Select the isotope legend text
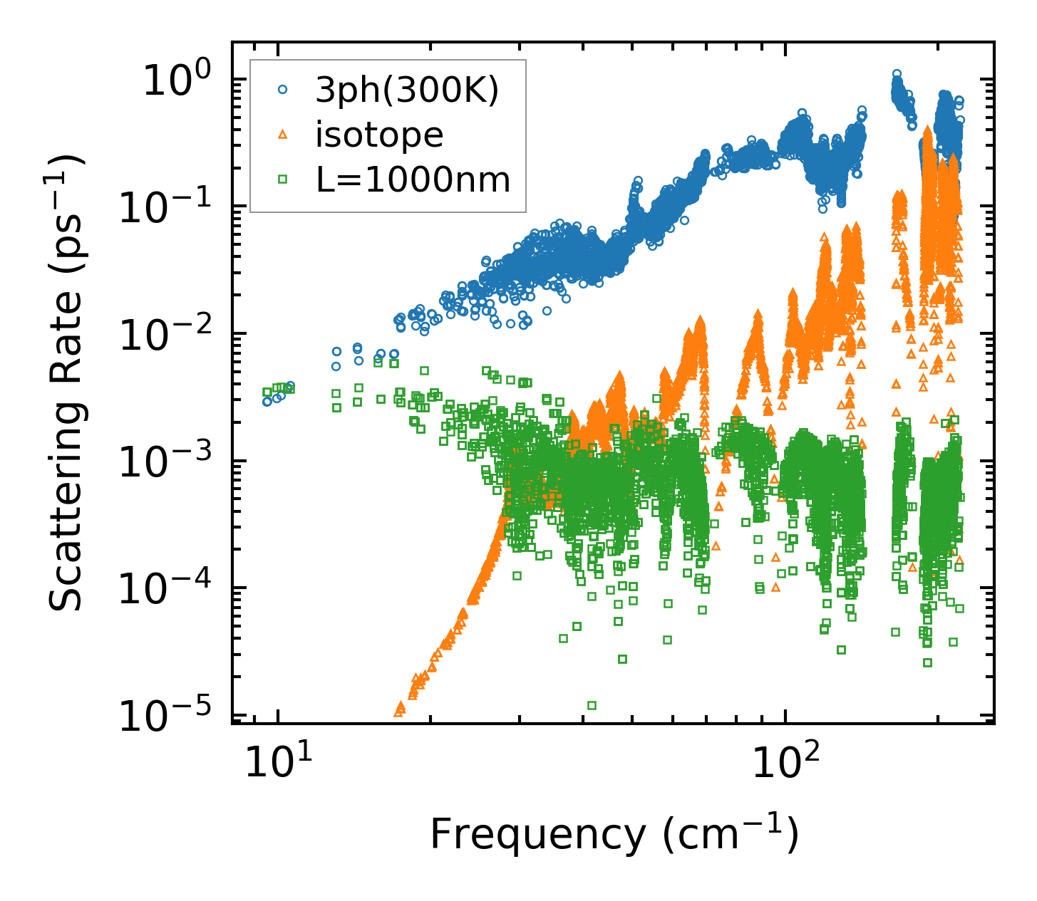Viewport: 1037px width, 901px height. click(380, 135)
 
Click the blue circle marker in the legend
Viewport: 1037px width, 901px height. click(283, 90)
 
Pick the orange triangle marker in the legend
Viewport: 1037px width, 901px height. click(283, 134)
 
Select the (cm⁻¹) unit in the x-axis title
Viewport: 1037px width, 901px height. click(730, 835)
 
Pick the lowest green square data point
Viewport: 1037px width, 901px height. click(592, 706)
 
